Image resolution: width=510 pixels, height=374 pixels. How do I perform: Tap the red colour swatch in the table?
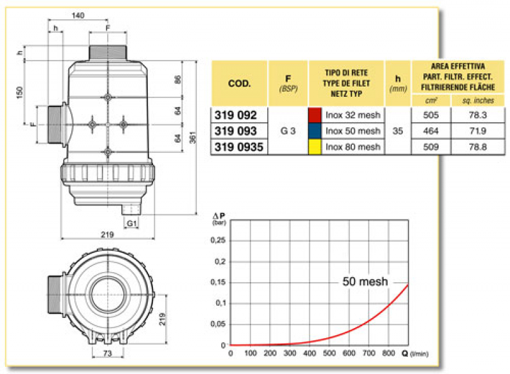[x=314, y=115]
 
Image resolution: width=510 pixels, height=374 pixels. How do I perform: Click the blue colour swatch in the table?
[x=314, y=131]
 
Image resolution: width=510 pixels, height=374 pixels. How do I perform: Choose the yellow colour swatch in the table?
[x=314, y=147]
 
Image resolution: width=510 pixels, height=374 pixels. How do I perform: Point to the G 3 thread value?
[x=288, y=131]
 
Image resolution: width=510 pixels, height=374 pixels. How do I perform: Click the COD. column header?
[x=238, y=83]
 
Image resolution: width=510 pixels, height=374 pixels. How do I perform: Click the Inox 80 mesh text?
[x=353, y=147]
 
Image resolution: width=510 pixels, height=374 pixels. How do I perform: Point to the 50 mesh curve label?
[x=365, y=282]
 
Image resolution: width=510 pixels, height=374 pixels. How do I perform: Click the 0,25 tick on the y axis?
[x=219, y=240]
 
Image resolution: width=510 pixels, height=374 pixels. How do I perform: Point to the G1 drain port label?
[x=131, y=224]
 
